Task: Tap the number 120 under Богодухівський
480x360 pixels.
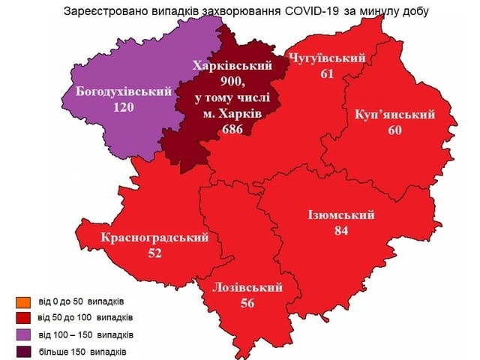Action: [x=122, y=107]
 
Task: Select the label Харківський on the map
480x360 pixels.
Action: [x=231, y=66]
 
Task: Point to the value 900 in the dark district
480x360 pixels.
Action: [x=232, y=81]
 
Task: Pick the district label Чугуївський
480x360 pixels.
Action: [x=326, y=58]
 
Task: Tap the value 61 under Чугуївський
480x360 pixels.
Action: [x=326, y=73]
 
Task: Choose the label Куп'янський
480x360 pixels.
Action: [x=396, y=114]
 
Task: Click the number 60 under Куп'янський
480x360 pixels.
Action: [x=396, y=129]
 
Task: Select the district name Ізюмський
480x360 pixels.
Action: [x=341, y=215]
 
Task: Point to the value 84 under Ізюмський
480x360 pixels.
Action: [x=341, y=231]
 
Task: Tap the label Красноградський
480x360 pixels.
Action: [x=154, y=238]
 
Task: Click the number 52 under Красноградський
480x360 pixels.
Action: [x=154, y=253]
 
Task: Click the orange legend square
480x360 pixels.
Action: [x=21, y=302]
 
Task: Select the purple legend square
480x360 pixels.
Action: [x=21, y=334]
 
